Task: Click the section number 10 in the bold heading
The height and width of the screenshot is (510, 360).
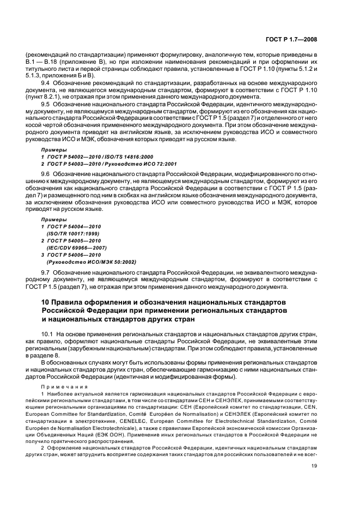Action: click(x=47, y=302)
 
